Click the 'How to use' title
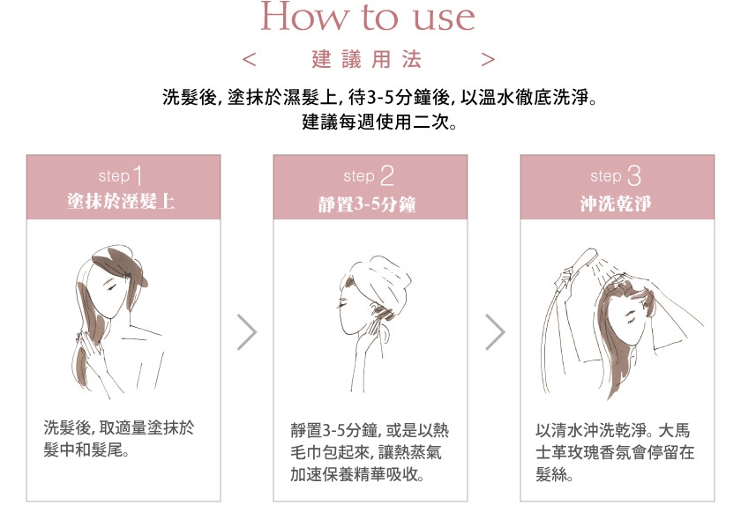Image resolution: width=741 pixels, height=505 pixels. click(368, 17)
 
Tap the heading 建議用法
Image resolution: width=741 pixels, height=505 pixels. click(366, 59)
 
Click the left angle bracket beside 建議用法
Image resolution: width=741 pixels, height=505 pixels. click(249, 59)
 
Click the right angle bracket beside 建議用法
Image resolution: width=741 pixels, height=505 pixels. click(488, 59)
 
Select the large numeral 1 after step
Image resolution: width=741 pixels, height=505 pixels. click(138, 175)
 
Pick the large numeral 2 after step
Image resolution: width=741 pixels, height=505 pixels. click(386, 175)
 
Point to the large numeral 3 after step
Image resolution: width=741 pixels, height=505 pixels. click(633, 175)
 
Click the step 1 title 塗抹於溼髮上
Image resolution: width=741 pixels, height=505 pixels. click(121, 202)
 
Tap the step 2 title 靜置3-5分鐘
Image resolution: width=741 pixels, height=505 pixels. click(367, 204)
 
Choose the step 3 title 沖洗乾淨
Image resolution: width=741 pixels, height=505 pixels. click(616, 204)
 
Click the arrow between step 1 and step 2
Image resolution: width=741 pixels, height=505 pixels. click(247, 331)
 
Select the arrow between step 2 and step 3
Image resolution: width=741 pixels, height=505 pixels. click(495, 331)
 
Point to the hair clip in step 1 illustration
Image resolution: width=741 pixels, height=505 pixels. click(127, 275)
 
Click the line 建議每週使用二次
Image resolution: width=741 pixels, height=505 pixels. click(379, 122)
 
